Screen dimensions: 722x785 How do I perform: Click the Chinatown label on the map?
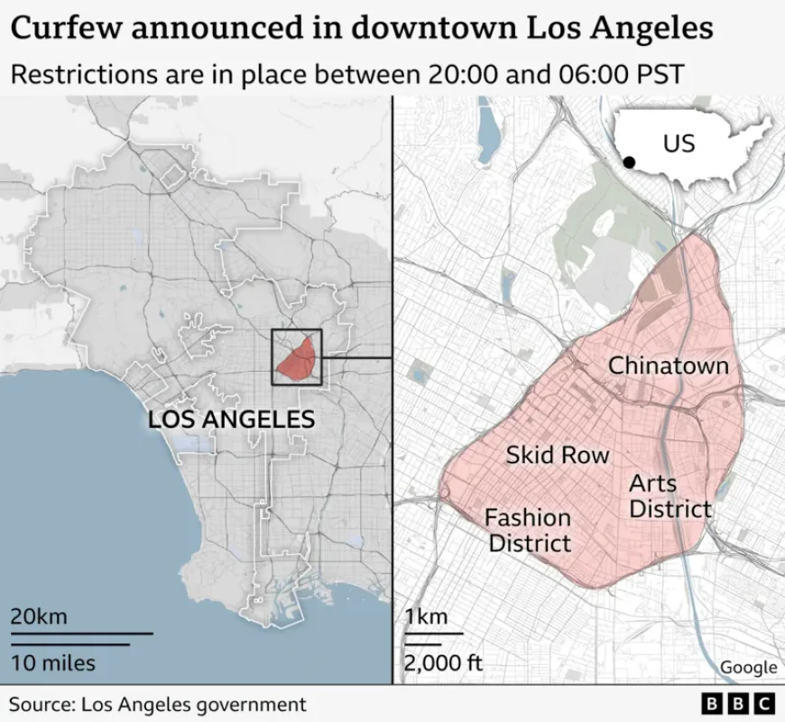coord(668,366)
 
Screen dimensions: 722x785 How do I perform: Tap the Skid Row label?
coord(557,455)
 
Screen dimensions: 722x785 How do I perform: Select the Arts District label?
coord(669,496)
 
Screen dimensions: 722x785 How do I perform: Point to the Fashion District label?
coord(529,530)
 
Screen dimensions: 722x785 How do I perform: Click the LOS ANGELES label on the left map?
coord(231,420)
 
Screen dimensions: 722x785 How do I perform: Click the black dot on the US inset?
coord(629,162)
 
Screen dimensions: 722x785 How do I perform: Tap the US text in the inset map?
coord(679,143)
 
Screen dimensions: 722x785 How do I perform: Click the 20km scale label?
coord(39,617)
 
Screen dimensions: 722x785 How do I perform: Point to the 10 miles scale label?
coord(52,663)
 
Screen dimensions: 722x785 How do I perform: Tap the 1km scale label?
coord(426,617)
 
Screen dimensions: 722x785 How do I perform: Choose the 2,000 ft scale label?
coord(443,663)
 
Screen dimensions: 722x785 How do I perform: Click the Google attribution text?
coord(748,667)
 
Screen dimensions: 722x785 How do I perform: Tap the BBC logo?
coord(738,704)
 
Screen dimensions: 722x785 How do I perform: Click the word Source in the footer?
coord(40,704)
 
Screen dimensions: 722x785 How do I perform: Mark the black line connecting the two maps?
coord(357,357)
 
